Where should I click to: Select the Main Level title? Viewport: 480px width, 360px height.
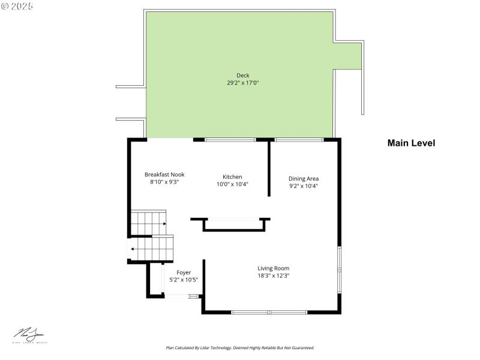click(x=411, y=143)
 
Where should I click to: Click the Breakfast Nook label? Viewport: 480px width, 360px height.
click(x=164, y=174)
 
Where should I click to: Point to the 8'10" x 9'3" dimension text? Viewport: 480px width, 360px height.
click(x=164, y=182)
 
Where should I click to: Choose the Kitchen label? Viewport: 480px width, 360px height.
click(x=232, y=176)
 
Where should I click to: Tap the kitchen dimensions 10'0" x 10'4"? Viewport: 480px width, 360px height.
click(x=232, y=184)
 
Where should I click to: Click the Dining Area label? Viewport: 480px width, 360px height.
click(x=303, y=178)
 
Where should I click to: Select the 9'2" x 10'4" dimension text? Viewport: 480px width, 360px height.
click(x=303, y=186)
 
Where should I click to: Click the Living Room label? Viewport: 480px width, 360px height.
click(x=273, y=268)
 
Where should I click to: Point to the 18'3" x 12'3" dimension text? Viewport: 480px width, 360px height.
click(x=273, y=276)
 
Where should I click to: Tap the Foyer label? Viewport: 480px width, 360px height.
click(x=184, y=272)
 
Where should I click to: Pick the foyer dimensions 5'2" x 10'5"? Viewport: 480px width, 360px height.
click(x=184, y=280)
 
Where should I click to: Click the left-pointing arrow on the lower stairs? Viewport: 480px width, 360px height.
click(x=133, y=249)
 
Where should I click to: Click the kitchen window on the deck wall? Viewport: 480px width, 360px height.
click(x=230, y=140)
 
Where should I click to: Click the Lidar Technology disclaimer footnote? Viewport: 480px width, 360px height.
click(x=239, y=347)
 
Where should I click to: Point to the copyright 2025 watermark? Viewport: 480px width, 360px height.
click(x=17, y=5)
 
